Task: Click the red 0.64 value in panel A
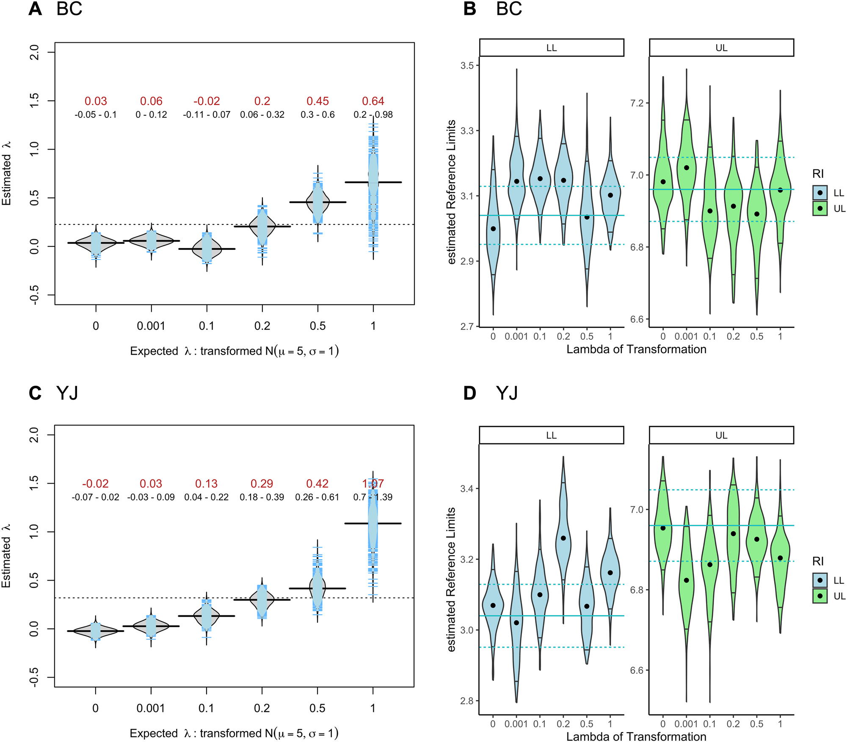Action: pyautogui.click(x=373, y=101)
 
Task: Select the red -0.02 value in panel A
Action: pyautogui.click(x=207, y=101)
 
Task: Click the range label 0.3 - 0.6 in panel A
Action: pyautogui.click(x=317, y=115)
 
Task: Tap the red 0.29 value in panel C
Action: pyautogui.click(x=262, y=484)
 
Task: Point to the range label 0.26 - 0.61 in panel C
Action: pyautogui.click(x=317, y=497)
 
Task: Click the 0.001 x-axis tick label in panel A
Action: pyautogui.click(x=151, y=326)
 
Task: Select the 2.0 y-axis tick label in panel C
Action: pyautogui.click(x=34, y=435)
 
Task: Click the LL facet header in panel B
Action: pyautogui.click(x=552, y=48)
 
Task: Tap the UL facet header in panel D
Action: pyautogui.click(x=721, y=435)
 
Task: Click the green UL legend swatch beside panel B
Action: pyautogui.click(x=820, y=208)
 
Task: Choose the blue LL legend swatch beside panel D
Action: pyautogui.click(x=820, y=580)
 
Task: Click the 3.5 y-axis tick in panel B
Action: pyautogui.click(x=467, y=66)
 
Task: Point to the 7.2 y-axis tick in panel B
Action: pyautogui.click(x=637, y=103)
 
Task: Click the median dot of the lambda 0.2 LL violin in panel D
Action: pyautogui.click(x=563, y=538)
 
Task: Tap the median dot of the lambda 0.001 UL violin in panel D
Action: pyautogui.click(x=687, y=580)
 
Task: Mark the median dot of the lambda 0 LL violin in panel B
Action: pyautogui.click(x=493, y=229)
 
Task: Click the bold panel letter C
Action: pyautogui.click(x=35, y=393)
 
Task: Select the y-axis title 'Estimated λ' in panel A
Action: pyautogui.click(x=6, y=174)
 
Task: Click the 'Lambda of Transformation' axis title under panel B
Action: pyautogui.click(x=636, y=349)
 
